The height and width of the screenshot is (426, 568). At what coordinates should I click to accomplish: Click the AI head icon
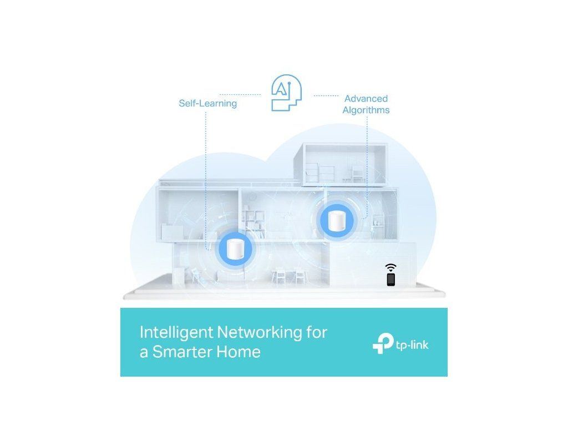point(286,95)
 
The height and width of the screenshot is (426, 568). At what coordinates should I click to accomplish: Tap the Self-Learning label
point(207,103)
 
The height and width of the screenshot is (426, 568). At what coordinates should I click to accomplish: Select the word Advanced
point(366,99)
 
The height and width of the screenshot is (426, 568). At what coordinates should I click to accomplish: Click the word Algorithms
point(366,110)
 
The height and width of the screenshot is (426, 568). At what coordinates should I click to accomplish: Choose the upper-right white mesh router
point(335,221)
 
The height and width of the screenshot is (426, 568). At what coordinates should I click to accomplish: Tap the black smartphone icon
point(390,280)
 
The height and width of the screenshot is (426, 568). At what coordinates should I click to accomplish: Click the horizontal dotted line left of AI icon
point(240,95)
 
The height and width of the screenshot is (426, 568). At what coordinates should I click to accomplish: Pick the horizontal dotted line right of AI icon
point(326,95)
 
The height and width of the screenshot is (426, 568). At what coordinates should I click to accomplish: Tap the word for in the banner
point(316,332)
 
